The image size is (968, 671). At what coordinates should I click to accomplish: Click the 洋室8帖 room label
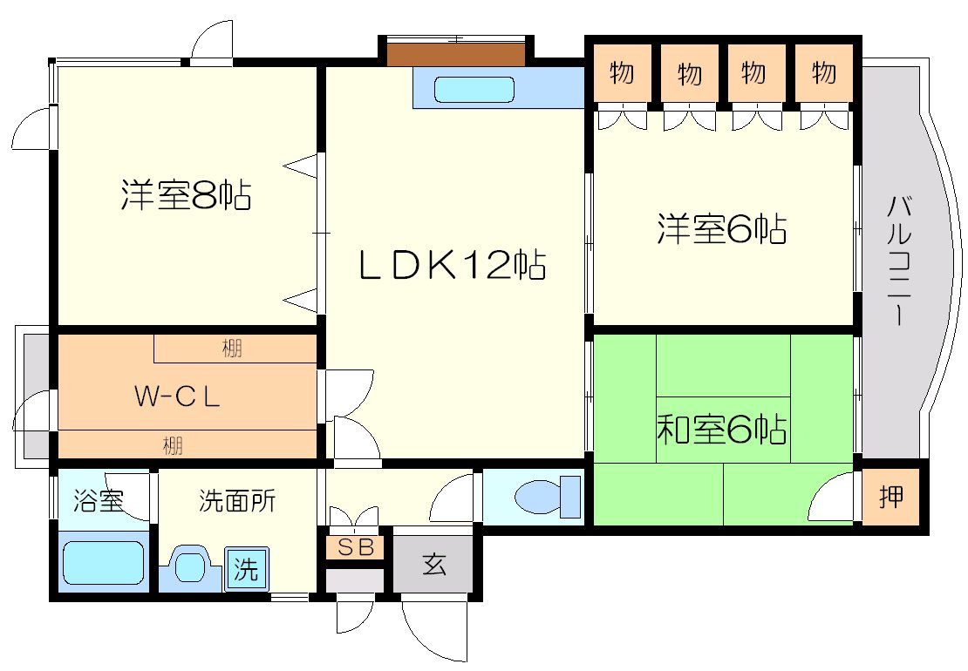[x=186, y=196]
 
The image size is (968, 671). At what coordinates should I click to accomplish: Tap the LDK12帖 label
[x=452, y=265]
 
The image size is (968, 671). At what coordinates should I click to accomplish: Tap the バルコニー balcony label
[x=899, y=261]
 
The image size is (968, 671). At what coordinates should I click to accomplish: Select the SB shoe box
[x=355, y=547]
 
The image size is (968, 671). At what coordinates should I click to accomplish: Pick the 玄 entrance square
[x=433, y=565]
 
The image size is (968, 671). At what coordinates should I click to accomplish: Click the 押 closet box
[x=890, y=498]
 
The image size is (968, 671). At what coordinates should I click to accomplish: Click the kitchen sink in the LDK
[x=474, y=89]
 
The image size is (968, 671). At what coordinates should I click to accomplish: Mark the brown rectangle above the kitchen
[x=456, y=54]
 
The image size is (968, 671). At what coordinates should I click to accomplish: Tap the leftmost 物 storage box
[x=621, y=74]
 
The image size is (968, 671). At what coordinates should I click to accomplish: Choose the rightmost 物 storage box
[x=823, y=74]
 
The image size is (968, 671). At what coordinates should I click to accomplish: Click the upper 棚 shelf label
[x=231, y=349]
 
